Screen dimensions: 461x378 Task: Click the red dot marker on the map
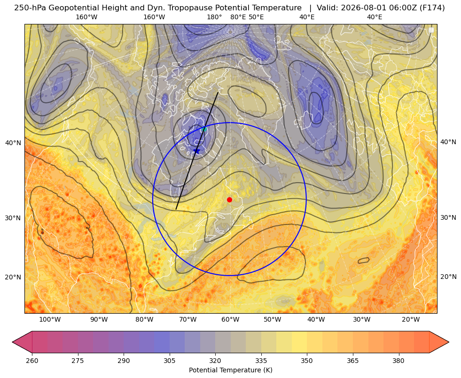click(x=229, y=200)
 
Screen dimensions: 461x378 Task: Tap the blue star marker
click(x=196, y=151)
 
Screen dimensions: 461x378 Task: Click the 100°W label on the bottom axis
click(x=50, y=320)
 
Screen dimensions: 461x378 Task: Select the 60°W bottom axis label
click(x=230, y=320)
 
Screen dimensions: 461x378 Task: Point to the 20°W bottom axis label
click(x=411, y=320)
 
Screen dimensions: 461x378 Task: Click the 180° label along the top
click(x=214, y=17)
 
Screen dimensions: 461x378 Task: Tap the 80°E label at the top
click(x=238, y=17)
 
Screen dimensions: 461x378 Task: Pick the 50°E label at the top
click(x=256, y=17)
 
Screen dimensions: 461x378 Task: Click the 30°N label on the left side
click(x=13, y=218)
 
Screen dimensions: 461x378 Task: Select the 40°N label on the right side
click(x=448, y=142)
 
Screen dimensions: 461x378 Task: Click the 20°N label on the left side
click(x=13, y=277)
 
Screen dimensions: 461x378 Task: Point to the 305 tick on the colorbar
click(x=169, y=361)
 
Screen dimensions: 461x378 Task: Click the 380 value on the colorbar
click(x=398, y=361)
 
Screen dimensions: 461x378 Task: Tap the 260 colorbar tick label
click(x=32, y=361)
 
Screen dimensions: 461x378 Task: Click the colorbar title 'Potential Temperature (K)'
click(x=230, y=370)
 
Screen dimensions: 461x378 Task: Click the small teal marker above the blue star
click(x=204, y=129)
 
